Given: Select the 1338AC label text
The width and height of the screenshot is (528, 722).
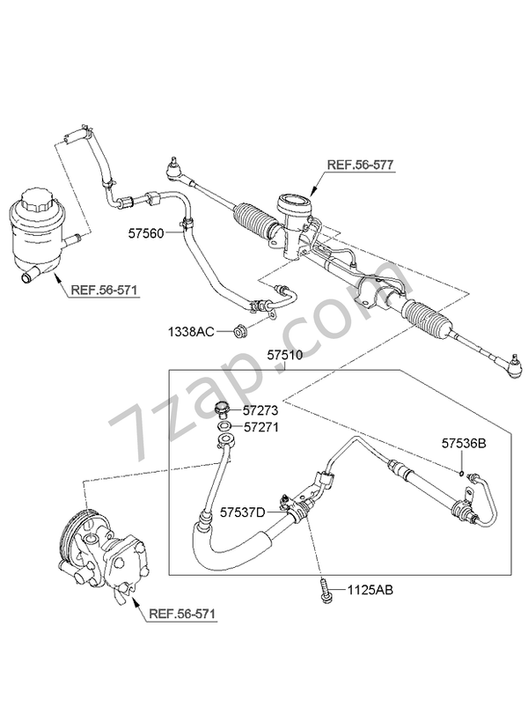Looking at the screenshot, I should (190, 332).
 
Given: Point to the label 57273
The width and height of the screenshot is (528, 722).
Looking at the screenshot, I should (261, 410).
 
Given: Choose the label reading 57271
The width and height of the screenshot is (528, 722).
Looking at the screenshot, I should (261, 427).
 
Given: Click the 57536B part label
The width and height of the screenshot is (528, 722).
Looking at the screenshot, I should (464, 445).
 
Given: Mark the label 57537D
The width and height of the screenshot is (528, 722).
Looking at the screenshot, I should (242, 510).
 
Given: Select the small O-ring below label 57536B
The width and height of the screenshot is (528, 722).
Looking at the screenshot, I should (461, 472).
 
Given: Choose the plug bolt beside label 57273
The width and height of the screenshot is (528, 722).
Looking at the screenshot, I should (223, 409).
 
